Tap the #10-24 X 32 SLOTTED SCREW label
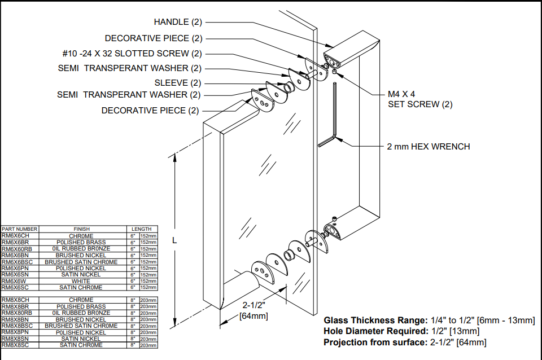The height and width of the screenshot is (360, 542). click(132, 54)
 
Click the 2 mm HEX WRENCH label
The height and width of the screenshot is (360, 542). click(428, 147)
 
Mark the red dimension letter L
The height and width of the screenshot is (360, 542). click(174, 240)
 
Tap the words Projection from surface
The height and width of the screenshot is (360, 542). click(375, 342)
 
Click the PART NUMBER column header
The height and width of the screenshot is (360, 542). click(19, 229)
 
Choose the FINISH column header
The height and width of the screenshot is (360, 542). click(81, 229)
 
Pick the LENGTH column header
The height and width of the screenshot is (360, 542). click(141, 229)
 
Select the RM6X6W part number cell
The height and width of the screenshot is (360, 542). click(14, 281)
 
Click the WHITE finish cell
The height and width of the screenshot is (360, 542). click(81, 281)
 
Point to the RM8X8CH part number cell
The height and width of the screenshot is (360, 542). click(15, 300)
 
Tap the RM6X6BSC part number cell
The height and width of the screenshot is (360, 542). click(17, 262)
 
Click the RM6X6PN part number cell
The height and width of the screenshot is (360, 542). click(15, 268)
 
